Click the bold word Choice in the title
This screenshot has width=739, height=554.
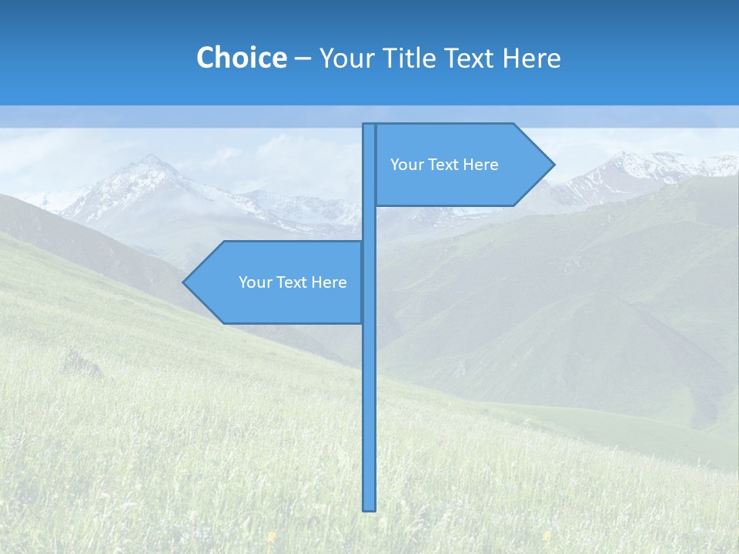(241, 58)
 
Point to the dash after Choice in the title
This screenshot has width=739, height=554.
(303, 58)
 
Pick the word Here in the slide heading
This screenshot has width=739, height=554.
(532, 58)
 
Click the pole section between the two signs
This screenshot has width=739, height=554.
(369, 223)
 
